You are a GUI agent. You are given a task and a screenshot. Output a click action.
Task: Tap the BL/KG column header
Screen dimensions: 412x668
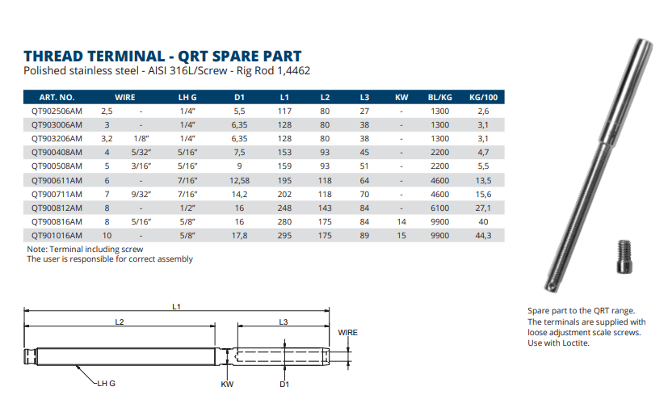pyautogui.click(x=439, y=98)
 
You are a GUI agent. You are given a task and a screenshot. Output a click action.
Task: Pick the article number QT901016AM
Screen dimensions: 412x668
pyautogui.click(x=57, y=235)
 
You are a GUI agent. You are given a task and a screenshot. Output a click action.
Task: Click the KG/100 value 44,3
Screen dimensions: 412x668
pyautogui.click(x=483, y=235)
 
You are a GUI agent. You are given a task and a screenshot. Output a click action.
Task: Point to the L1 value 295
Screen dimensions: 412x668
pyautogui.click(x=284, y=235)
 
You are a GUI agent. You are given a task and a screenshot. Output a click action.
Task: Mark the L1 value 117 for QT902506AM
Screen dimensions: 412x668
pyautogui.click(x=284, y=111)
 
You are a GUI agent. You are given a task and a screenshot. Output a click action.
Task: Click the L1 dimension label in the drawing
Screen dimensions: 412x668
pyautogui.click(x=177, y=305)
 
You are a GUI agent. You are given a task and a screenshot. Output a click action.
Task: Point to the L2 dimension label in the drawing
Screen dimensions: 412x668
pyautogui.click(x=119, y=322)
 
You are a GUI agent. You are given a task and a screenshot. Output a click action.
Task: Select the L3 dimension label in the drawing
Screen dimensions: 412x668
pyautogui.click(x=284, y=322)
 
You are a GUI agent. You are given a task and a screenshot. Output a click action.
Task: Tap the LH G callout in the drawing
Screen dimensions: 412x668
pyautogui.click(x=106, y=383)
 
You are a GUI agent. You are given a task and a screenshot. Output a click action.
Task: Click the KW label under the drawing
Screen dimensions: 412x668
pyautogui.click(x=227, y=384)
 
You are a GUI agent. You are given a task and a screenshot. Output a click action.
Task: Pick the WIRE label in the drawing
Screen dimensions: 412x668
pyautogui.click(x=347, y=332)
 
